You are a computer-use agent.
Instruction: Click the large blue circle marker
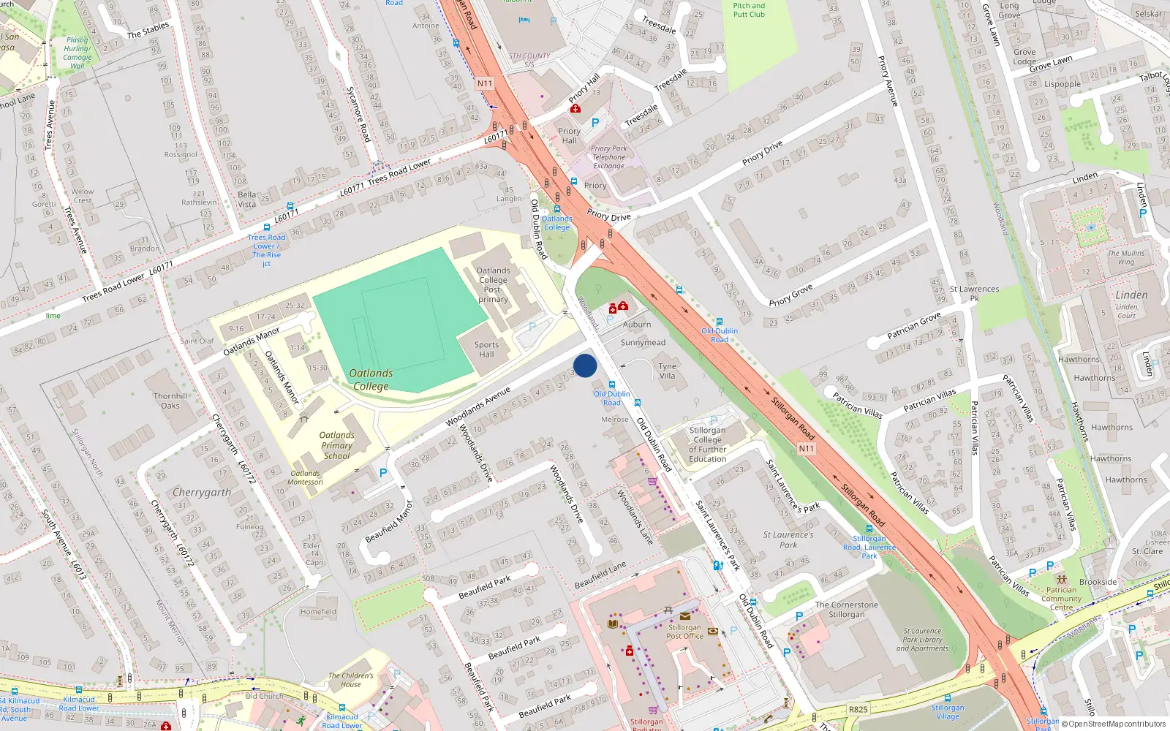click(585, 365)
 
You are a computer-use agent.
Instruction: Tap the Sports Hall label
click(486, 349)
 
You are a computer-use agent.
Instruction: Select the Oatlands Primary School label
click(336, 445)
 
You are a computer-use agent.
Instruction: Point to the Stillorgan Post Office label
click(684, 632)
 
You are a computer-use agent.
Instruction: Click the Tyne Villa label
click(667, 371)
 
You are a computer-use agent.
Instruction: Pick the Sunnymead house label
click(643, 342)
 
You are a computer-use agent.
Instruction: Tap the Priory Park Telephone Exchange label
click(609, 157)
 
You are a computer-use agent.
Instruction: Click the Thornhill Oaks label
click(170, 401)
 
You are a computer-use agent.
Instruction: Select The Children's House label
click(350, 680)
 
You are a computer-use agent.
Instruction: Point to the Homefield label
click(318, 612)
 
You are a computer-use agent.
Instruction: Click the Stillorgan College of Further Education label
click(707, 444)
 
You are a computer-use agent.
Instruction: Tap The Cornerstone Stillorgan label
click(847, 610)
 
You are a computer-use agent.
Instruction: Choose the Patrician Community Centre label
click(1061, 599)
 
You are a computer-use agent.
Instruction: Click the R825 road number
click(858, 709)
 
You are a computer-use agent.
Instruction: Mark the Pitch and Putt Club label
click(749, 10)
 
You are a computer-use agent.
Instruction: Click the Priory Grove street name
click(790, 295)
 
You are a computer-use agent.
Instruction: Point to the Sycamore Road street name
click(358, 113)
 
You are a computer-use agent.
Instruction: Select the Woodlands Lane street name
click(635, 517)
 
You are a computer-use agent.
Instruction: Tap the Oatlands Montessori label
click(305, 477)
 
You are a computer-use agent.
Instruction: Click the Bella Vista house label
click(247, 200)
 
